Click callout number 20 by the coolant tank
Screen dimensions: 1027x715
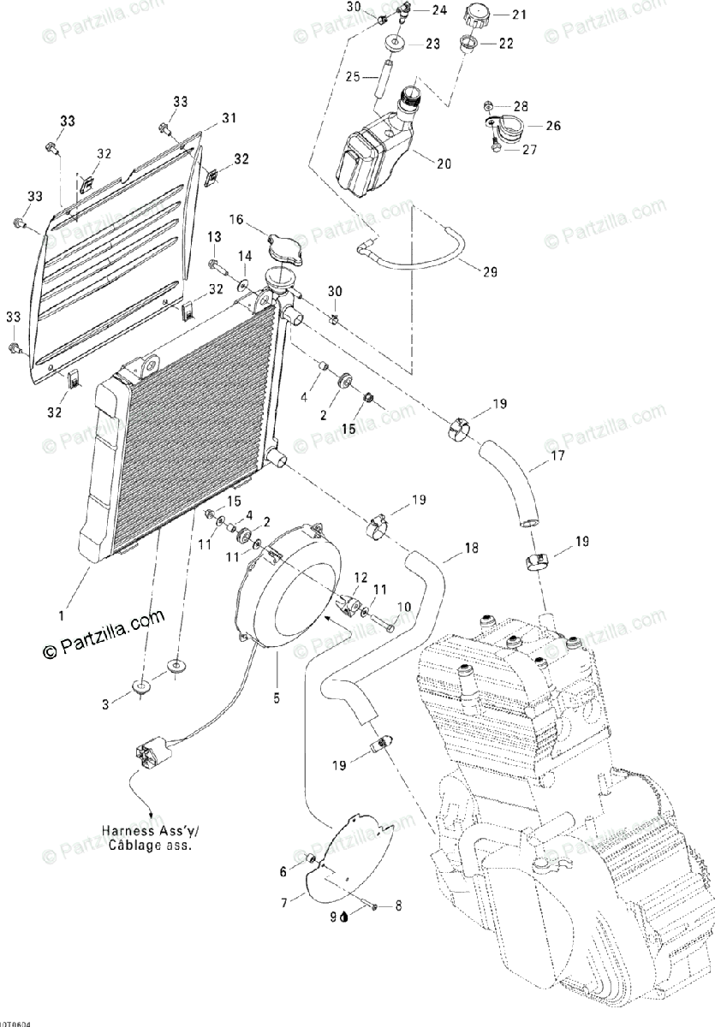click(444, 164)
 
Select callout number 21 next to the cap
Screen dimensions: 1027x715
click(520, 15)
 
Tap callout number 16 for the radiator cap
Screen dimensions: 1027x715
click(235, 220)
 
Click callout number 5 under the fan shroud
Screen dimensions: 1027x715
click(277, 698)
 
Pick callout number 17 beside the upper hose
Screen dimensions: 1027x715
click(557, 456)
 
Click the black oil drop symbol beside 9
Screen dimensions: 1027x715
click(343, 917)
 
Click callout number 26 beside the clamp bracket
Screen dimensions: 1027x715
click(552, 126)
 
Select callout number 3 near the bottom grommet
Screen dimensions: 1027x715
click(106, 704)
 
